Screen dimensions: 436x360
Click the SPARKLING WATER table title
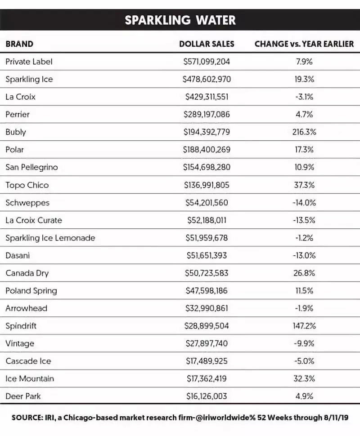(x=180, y=20)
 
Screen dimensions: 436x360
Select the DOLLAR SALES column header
(x=207, y=44)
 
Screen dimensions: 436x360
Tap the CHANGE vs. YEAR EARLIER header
(x=304, y=44)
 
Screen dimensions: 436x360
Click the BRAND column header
(x=19, y=44)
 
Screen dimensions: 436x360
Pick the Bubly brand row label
(x=16, y=132)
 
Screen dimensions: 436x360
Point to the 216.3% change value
(x=304, y=132)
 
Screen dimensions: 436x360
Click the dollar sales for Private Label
(x=207, y=62)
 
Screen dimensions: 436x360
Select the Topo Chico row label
(x=27, y=185)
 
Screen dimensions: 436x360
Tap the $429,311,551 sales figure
(x=207, y=97)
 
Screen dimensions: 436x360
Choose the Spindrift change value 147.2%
(x=304, y=326)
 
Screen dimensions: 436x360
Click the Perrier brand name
(x=18, y=115)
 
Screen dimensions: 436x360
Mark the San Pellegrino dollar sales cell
(x=207, y=167)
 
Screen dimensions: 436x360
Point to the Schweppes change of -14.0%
(x=304, y=203)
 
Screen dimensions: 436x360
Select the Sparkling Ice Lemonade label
(x=50, y=238)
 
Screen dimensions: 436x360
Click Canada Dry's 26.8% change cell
(x=304, y=273)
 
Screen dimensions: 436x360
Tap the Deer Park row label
(x=23, y=396)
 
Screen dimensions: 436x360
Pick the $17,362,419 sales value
(x=207, y=379)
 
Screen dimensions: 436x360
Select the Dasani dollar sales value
(x=207, y=256)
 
